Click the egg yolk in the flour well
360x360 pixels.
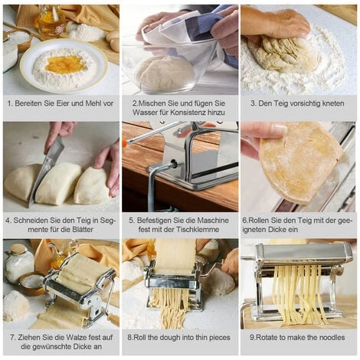coord(66,64)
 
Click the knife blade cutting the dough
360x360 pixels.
coord(44,170)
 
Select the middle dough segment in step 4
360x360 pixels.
coord(57,183)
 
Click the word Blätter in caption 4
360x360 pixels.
coord(83,230)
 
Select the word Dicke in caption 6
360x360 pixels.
coord(278,230)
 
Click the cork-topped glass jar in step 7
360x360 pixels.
coord(19,263)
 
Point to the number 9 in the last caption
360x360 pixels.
coord(252,338)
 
